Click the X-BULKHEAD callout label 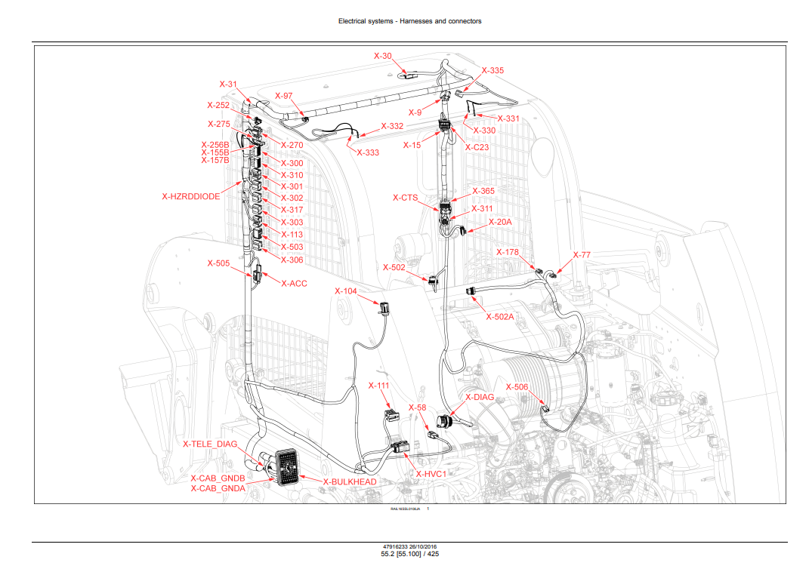click(x=349, y=481)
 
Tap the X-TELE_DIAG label click(x=210, y=444)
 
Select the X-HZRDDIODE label click(x=190, y=196)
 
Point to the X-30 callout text click(x=383, y=56)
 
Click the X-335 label click(x=493, y=70)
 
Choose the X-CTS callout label click(x=405, y=198)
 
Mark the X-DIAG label click(x=480, y=397)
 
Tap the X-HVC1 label click(x=432, y=474)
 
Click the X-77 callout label click(x=582, y=255)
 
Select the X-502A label click(x=500, y=317)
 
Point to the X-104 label click(x=346, y=291)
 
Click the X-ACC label click(x=294, y=284)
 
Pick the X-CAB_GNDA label click(x=218, y=488)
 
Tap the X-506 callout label click(x=517, y=387)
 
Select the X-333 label click(x=367, y=152)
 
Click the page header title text click(x=409, y=21)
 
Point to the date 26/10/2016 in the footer click(x=427, y=546)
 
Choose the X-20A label click(x=500, y=222)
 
